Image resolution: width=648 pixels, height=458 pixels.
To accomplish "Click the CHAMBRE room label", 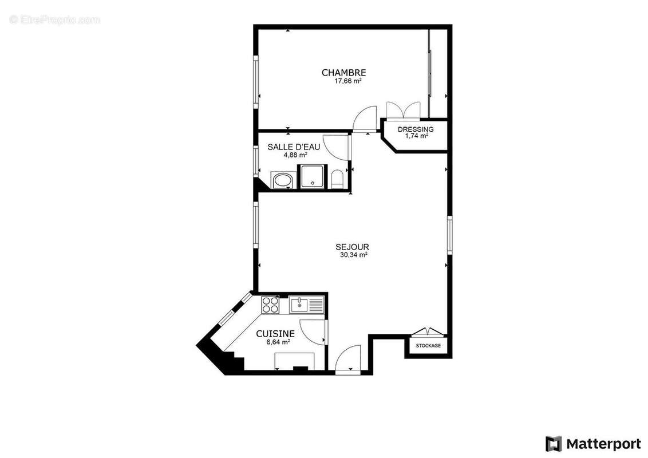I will [x=343, y=73].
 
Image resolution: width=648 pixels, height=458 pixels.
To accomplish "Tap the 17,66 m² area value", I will [x=347, y=81].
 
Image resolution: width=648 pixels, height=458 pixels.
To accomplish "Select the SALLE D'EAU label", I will [x=294, y=147].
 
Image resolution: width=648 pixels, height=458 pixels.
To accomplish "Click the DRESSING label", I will [x=416, y=129].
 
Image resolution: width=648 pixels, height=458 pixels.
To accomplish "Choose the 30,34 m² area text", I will [x=353, y=255].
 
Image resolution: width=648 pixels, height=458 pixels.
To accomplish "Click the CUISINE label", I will [x=275, y=334].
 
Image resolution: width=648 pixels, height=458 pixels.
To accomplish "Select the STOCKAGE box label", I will [x=428, y=346].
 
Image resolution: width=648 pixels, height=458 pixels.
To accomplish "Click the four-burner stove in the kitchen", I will [x=270, y=305].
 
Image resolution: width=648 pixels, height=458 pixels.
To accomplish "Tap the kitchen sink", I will [x=299, y=305].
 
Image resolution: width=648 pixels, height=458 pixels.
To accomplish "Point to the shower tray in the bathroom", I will [x=313, y=176].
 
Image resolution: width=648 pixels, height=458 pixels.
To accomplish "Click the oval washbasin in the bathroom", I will [x=282, y=180].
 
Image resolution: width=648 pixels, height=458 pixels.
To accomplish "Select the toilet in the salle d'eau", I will [x=337, y=179].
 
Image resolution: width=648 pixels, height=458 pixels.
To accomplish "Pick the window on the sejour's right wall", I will [x=450, y=235].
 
